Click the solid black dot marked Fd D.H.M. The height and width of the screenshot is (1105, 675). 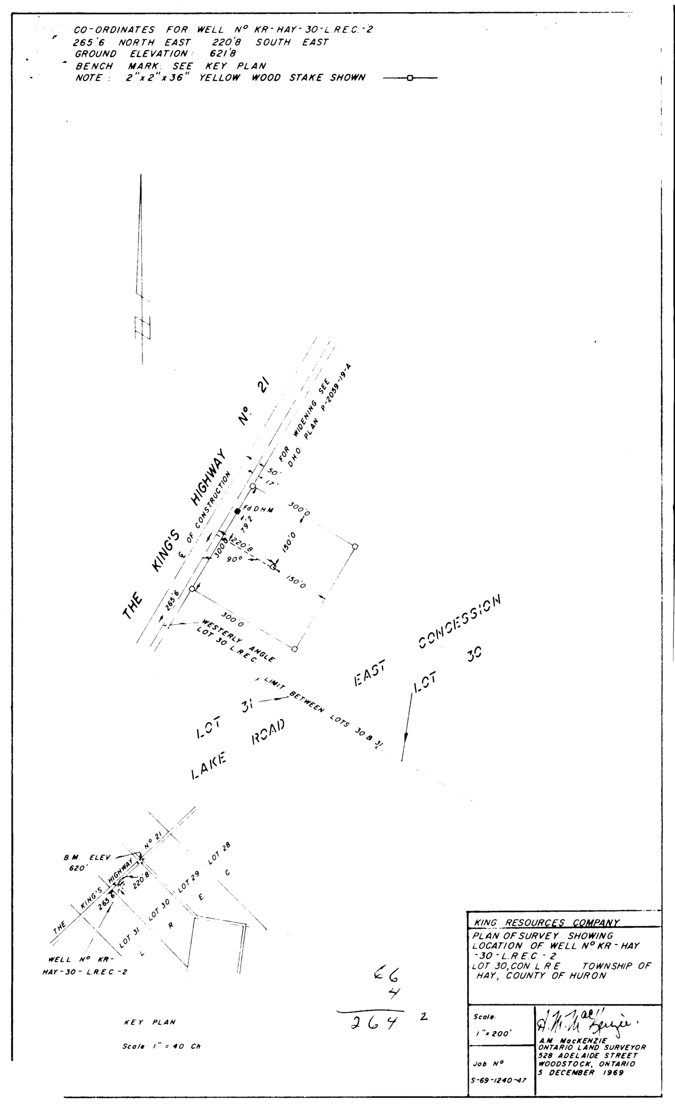237,510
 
